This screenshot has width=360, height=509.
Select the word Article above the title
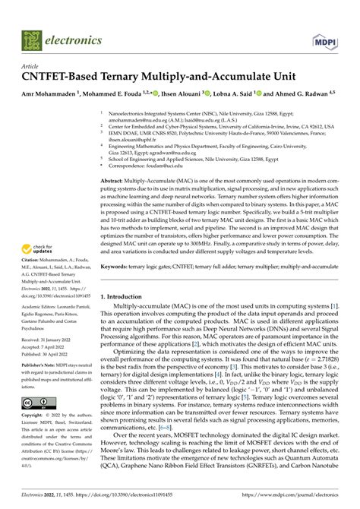(31, 66)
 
